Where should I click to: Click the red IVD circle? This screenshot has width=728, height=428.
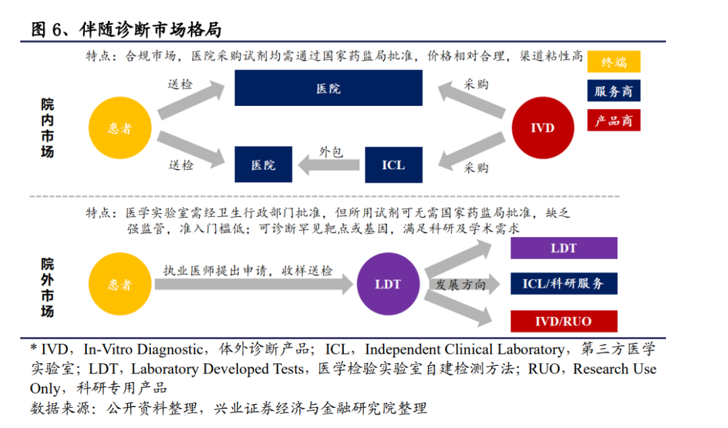[x=542, y=127]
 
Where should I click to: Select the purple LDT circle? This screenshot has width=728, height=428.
[x=388, y=284]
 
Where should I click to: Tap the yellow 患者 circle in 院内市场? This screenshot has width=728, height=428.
[x=120, y=127]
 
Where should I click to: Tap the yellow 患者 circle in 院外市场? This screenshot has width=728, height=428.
[x=120, y=284]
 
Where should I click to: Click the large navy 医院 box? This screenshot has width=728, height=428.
[x=328, y=88]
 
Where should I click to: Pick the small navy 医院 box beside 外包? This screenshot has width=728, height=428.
[x=263, y=164]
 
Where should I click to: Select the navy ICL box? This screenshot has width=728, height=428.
[x=394, y=164]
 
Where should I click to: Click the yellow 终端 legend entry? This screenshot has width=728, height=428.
[x=613, y=62]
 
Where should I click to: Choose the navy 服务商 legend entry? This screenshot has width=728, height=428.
[x=613, y=91]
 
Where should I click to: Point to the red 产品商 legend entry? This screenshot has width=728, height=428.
[x=613, y=120]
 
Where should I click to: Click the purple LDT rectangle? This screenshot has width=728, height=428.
[x=564, y=248]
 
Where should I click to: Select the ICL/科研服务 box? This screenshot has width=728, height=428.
[x=564, y=284]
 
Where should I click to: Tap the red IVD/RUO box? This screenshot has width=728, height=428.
[x=564, y=321]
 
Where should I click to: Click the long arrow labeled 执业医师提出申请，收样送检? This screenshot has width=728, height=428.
[x=253, y=284]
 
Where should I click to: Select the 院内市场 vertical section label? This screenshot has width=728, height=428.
[x=47, y=128]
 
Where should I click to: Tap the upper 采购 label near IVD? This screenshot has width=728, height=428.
[x=476, y=84]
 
